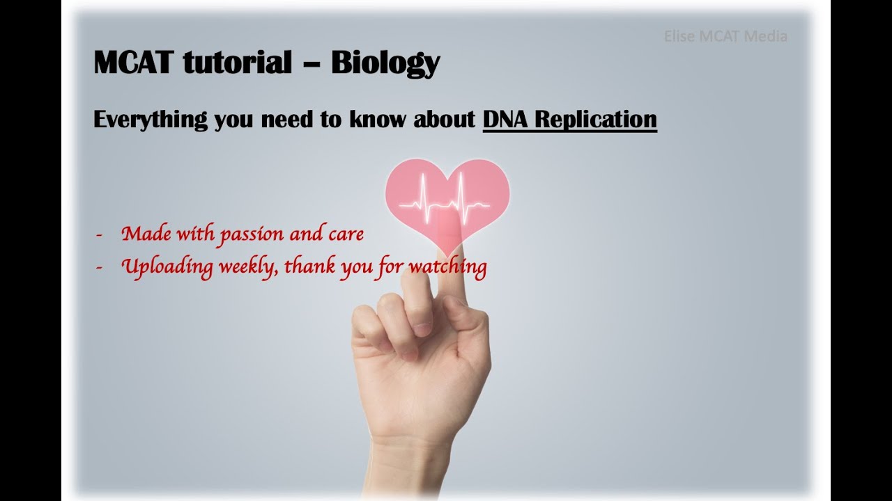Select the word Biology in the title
point(385,64)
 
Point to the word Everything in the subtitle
point(151,120)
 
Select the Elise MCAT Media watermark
point(725,36)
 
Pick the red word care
point(346,234)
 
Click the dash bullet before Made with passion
point(99,235)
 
